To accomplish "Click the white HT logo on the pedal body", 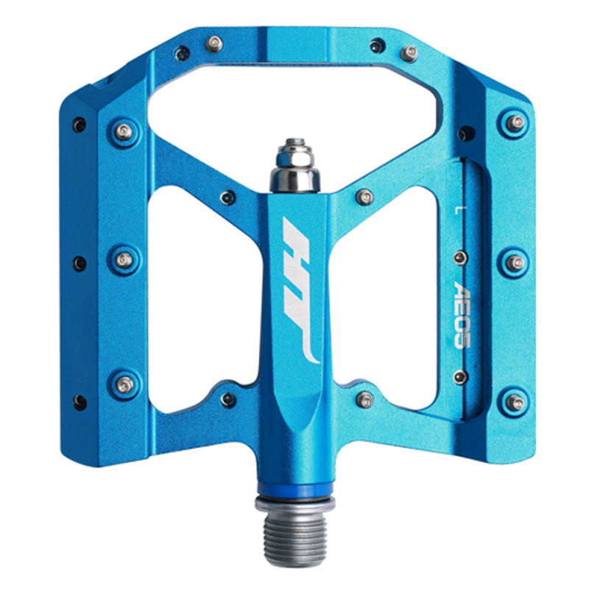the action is click(300, 290).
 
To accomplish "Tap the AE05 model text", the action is click(462, 315).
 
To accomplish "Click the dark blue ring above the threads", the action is click(295, 490).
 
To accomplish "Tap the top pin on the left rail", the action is click(124, 132).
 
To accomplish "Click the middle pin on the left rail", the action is click(124, 260).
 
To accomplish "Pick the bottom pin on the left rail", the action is click(125, 384).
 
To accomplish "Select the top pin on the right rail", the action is click(515, 123).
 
